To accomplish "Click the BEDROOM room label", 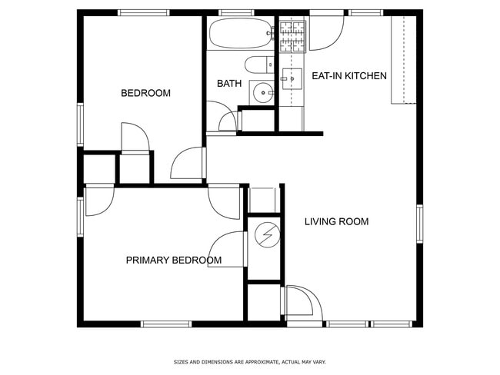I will [x=145, y=93].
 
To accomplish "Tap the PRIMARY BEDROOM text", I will [x=173, y=261].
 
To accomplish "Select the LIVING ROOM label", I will [x=336, y=222].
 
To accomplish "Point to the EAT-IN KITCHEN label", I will [x=348, y=75].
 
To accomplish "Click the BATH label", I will [x=229, y=84].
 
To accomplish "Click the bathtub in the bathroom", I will [x=238, y=33].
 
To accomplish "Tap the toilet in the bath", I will [x=256, y=65].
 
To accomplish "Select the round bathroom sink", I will [x=264, y=93].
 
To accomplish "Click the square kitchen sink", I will [x=292, y=78].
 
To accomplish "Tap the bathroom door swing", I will [x=228, y=121].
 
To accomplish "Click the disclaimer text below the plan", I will [x=250, y=361].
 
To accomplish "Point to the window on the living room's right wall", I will [x=419, y=224].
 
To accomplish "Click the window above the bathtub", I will [x=236, y=12].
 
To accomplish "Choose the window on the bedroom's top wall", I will [x=144, y=12].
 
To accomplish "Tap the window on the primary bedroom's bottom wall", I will [x=166, y=324].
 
